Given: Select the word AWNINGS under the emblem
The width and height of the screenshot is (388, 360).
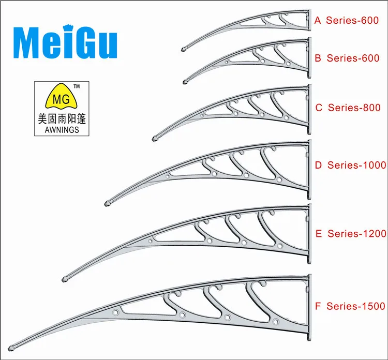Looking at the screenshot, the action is pos(58,130).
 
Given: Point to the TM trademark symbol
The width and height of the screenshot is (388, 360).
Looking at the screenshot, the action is pos(77,86).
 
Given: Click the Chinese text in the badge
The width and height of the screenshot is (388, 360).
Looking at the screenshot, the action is pos(58,118).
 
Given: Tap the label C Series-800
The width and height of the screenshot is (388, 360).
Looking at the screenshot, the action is pos(348,108).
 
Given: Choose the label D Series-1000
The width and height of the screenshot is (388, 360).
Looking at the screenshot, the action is pos(350,165).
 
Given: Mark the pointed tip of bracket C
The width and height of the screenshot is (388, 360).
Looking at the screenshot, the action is pos(155,138).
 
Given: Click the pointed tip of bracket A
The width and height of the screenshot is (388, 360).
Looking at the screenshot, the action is pos(184,50).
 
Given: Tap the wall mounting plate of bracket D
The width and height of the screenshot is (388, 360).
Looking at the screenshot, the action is pos(309,169).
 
